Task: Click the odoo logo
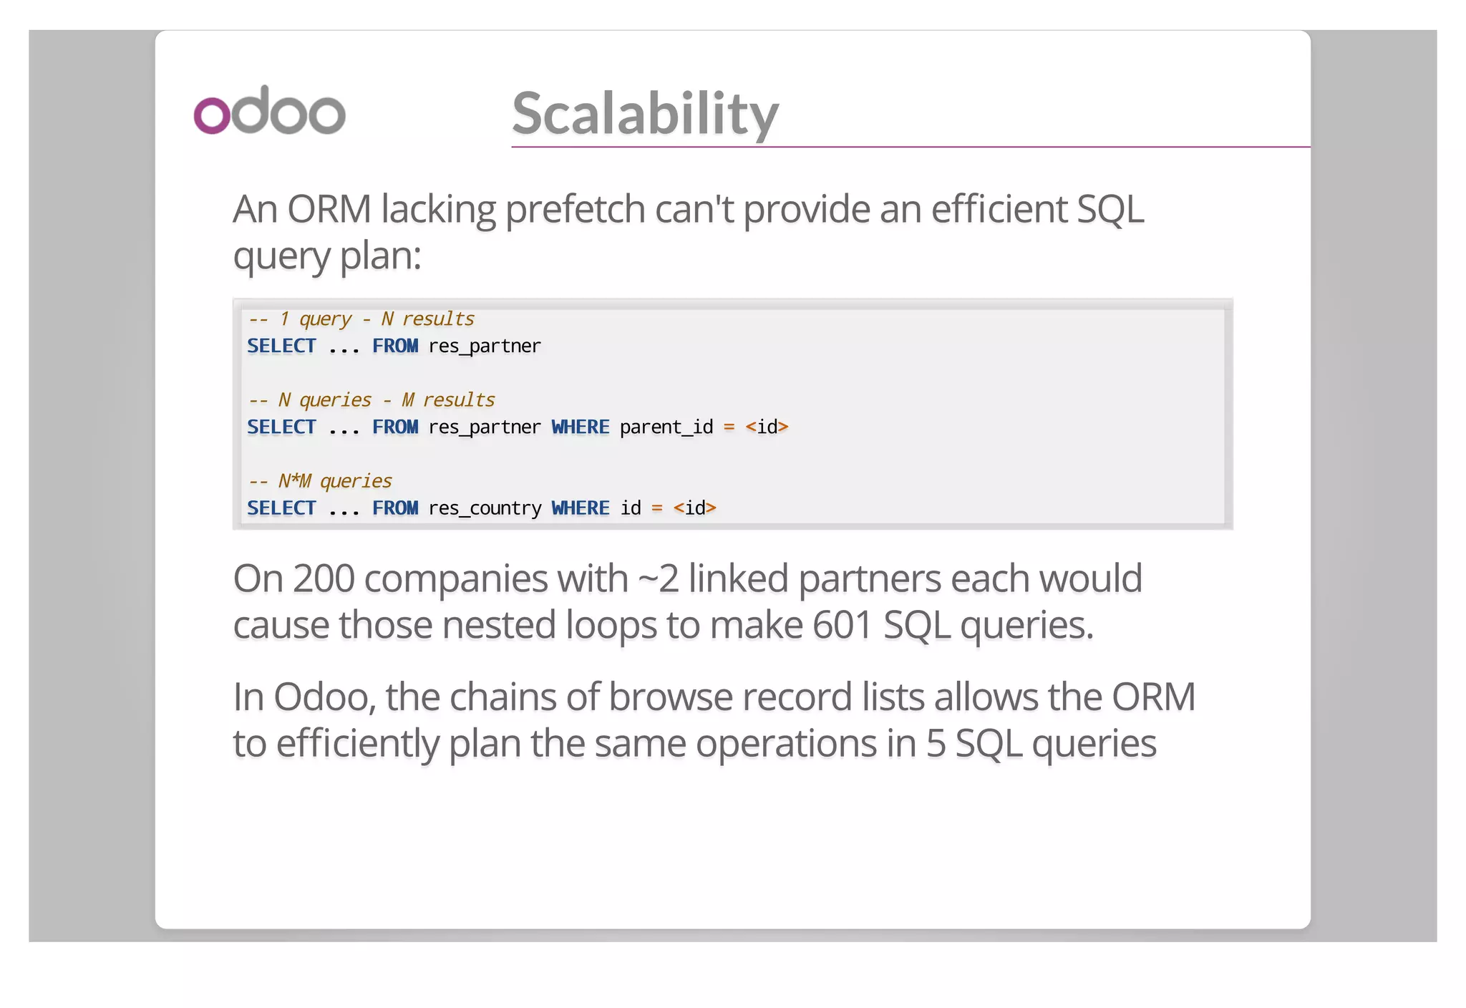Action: point(270,111)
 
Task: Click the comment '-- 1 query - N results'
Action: point(361,319)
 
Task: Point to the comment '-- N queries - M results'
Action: point(371,399)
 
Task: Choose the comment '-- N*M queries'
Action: point(319,480)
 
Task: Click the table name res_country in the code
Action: point(485,508)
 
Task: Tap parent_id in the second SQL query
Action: point(666,427)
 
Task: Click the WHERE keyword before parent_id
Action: point(580,427)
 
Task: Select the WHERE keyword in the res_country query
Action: point(580,508)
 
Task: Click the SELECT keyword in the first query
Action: point(281,346)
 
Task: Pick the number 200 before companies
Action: point(323,578)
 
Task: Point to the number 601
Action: point(842,625)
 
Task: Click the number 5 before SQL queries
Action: point(936,743)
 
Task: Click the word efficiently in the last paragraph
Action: point(357,743)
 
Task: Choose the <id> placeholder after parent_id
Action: point(767,427)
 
